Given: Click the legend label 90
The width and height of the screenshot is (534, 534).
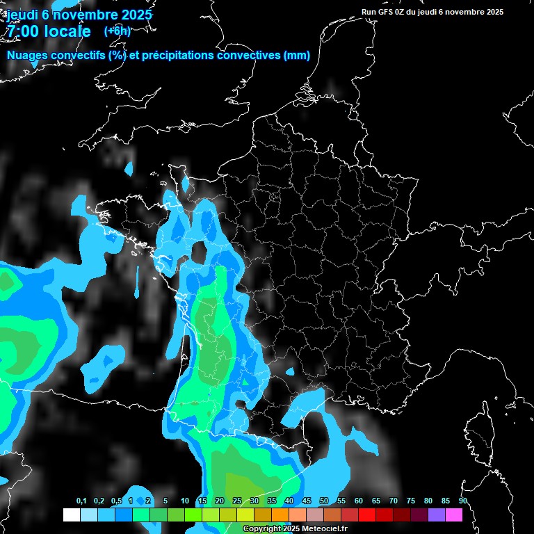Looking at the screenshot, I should coord(462,501).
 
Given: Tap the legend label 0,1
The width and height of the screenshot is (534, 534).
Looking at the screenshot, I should coord(81,501).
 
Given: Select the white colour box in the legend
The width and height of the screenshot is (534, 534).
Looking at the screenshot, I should coord(71,515).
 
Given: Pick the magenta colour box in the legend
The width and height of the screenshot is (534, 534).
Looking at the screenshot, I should coord(453,515).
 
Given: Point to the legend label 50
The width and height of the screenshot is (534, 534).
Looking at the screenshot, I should coord(324,501).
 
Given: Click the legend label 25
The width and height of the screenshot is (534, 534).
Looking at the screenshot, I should coord(237,501).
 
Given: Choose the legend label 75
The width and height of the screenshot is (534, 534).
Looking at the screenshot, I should coord(411,501).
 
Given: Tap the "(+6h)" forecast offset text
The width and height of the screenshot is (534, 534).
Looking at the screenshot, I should coord(117,31).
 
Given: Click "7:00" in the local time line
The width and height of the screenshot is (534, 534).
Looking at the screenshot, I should coord(22,31).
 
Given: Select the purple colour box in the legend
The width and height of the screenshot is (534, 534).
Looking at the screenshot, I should coord(436,515).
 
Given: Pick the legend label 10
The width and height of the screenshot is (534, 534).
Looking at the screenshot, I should coord(185,501).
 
